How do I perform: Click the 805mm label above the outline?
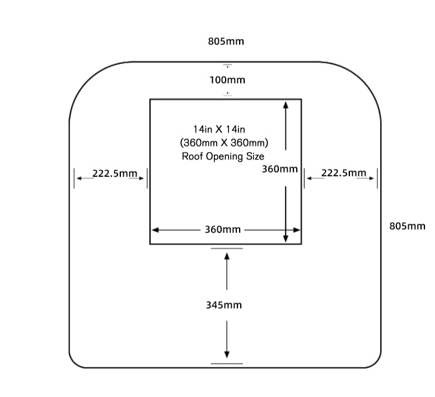pyautogui.click(x=226, y=41)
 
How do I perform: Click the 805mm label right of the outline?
pyautogui.click(x=407, y=226)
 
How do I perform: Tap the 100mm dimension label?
pyautogui.click(x=227, y=80)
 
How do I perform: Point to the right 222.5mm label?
pyautogui.click(x=343, y=173)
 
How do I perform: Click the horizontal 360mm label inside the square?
pyautogui.click(x=222, y=230)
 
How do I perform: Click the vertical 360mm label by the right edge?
pyautogui.click(x=279, y=169)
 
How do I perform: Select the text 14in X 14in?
pyautogui.click(x=216, y=129)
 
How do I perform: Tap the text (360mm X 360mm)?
pyautogui.click(x=224, y=142)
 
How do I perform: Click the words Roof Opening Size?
pyautogui.click(x=223, y=156)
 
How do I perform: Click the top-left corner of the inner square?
pyautogui.click(x=150, y=100)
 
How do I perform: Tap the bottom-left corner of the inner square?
pyautogui.click(x=150, y=244)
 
